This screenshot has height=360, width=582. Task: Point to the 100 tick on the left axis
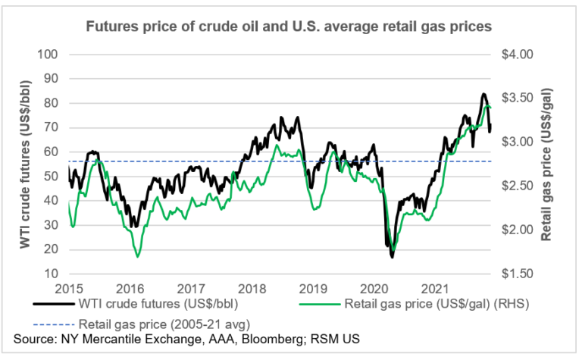(47, 55)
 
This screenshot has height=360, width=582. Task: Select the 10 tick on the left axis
(51, 274)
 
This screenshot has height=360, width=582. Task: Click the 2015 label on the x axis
(68, 289)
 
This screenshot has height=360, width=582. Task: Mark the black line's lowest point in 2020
(392, 258)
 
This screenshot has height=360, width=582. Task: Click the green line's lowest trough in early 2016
(137, 257)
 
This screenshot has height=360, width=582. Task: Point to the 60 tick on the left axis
(51, 152)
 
